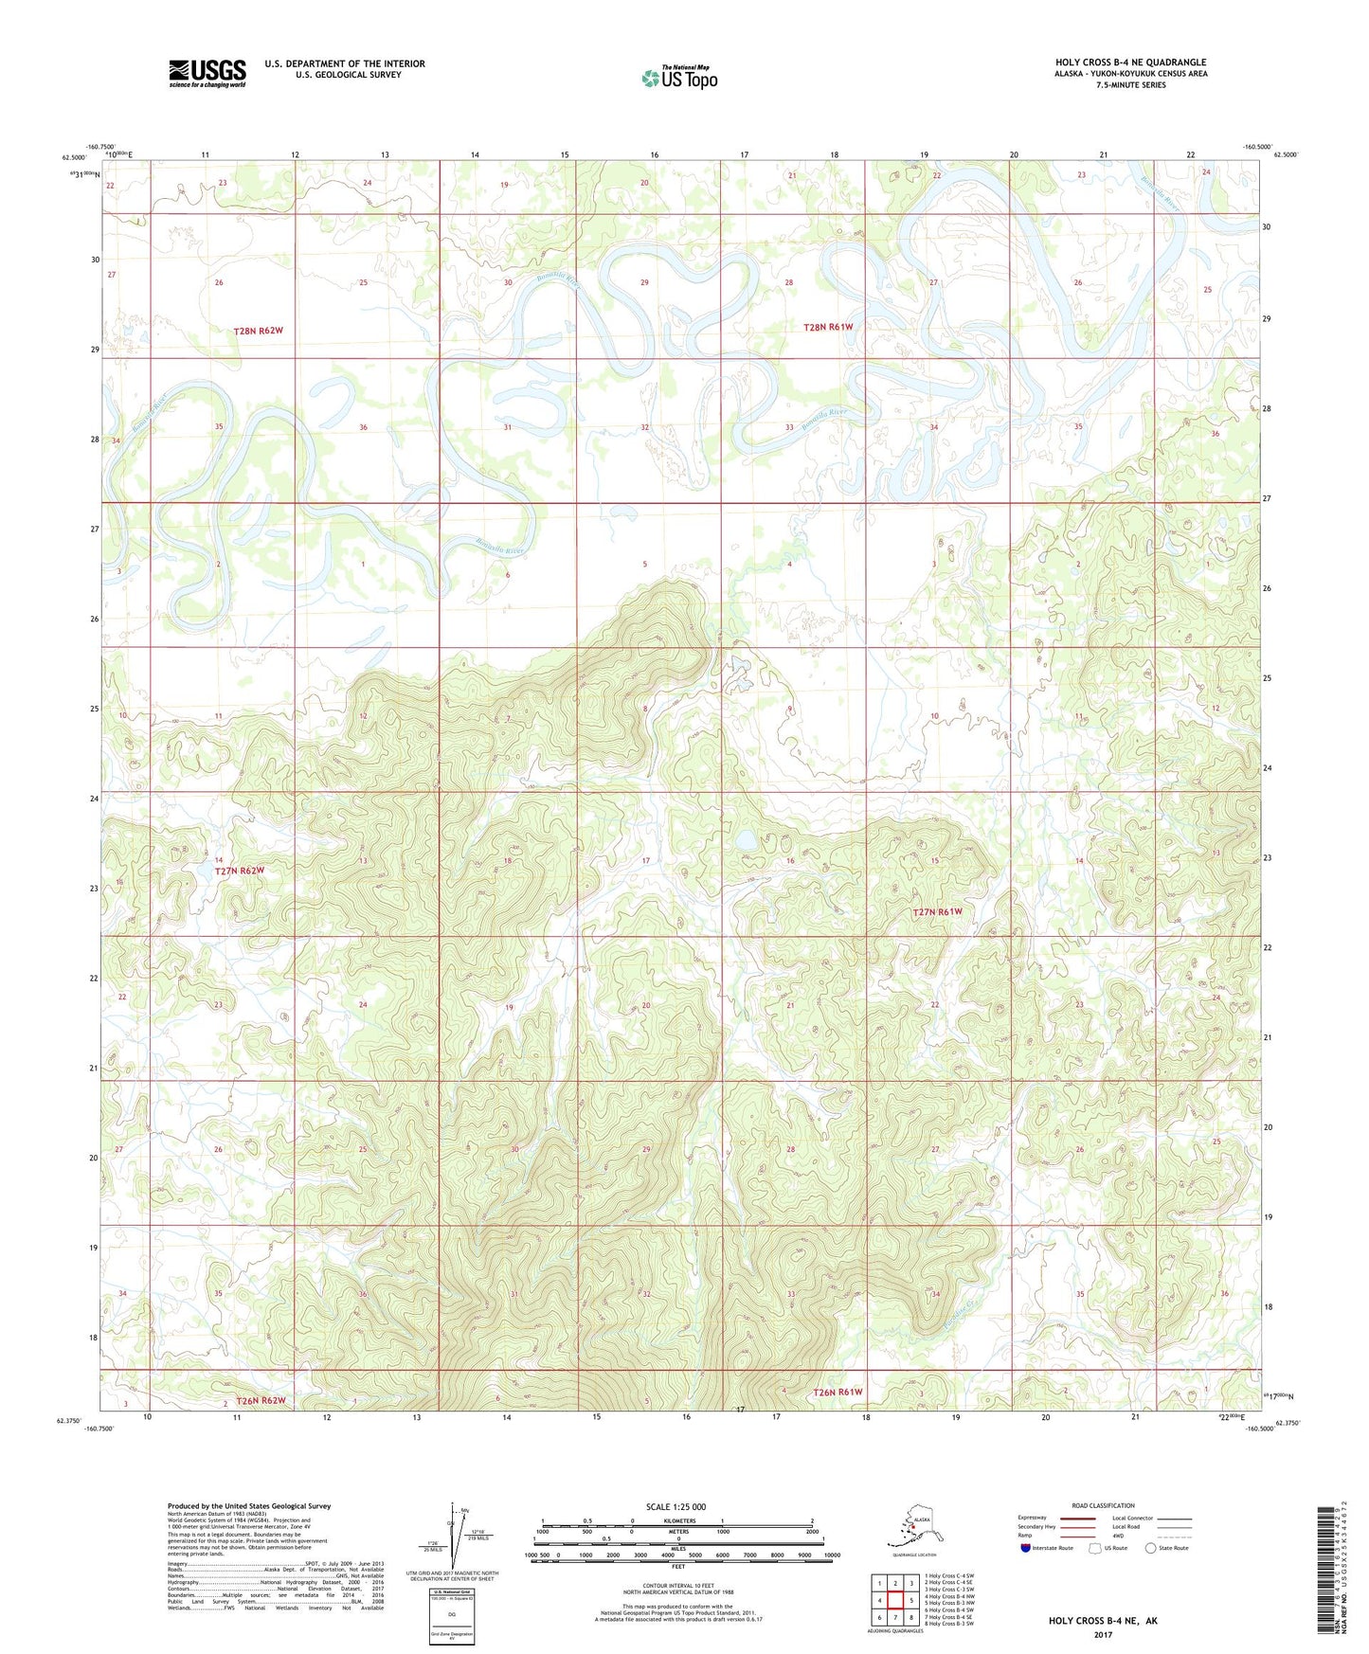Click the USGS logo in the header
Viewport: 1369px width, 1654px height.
click(207, 73)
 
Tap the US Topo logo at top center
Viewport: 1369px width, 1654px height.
click(679, 77)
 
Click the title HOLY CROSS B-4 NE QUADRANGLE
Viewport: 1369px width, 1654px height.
click(1130, 63)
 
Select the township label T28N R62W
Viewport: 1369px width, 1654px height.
click(259, 331)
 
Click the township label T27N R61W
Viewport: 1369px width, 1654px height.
click(937, 911)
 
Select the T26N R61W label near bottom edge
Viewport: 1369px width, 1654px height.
click(838, 1392)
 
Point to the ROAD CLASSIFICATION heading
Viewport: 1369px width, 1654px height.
click(1103, 1505)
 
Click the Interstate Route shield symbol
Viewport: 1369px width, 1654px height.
click(1025, 1548)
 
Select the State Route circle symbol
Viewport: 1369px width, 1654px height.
click(1150, 1548)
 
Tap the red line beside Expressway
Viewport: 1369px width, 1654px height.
click(1077, 1519)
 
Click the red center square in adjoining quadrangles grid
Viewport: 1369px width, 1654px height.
click(895, 1600)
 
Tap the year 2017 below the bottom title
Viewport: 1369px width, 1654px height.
click(1103, 1634)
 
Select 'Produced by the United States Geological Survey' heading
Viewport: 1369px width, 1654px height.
click(249, 1505)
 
